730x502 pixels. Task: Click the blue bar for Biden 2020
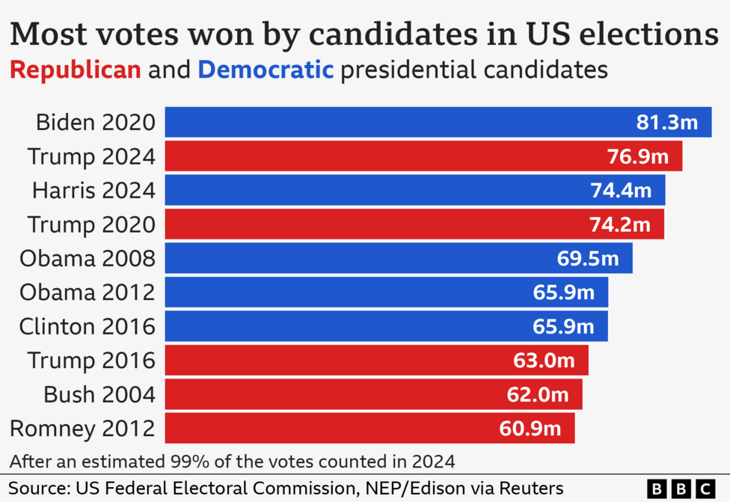tap(438, 122)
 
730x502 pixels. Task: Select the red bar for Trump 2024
tap(423, 156)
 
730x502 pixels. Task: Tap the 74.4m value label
tap(621, 190)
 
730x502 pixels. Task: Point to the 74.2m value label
tap(619, 224)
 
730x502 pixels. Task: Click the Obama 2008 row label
tap(88, 258)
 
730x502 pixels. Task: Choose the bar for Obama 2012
tap(386, 292)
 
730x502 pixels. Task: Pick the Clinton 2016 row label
tap(88, 326)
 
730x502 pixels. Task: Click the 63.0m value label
tap(544, 361)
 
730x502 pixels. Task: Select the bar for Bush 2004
tap(373, 394)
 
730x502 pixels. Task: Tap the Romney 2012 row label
tap(82, 429)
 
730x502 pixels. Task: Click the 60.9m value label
tap(530, 429)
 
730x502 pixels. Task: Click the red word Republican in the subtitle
tap(75, 70)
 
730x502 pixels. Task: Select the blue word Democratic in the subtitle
tap(266, 70)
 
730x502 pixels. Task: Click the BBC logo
tap(681, 489)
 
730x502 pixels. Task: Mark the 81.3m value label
tap(666, 122)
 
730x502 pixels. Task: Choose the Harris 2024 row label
tap(93, 190)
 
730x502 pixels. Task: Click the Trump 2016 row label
tap(91, 361)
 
